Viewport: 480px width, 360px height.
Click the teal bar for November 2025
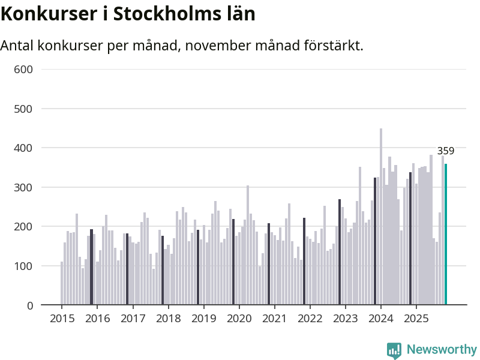tap(446, 235)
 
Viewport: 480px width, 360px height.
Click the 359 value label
tap(445, 151)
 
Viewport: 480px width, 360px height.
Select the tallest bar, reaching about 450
tap(381, 217)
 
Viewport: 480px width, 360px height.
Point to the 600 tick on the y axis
tap(23, 69)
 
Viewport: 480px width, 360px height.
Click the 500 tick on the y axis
tap(23, 109)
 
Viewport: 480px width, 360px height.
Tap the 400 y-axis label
tap(23, 148)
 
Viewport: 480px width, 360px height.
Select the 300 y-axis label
tap(23, 187)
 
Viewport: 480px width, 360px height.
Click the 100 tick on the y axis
tap(23, 266)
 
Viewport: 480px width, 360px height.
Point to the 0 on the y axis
tap(29, 305)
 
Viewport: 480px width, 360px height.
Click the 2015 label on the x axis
tap(62, 318)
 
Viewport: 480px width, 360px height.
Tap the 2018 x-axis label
tap(168, 318)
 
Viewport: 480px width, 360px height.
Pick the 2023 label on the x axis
tap(346, 318)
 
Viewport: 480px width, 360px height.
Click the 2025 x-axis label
tap(416, 318)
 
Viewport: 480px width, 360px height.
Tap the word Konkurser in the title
tap(46, 14)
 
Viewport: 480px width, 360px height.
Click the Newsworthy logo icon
tap(394, 350)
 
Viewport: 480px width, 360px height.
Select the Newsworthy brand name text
tap(442, 350)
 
